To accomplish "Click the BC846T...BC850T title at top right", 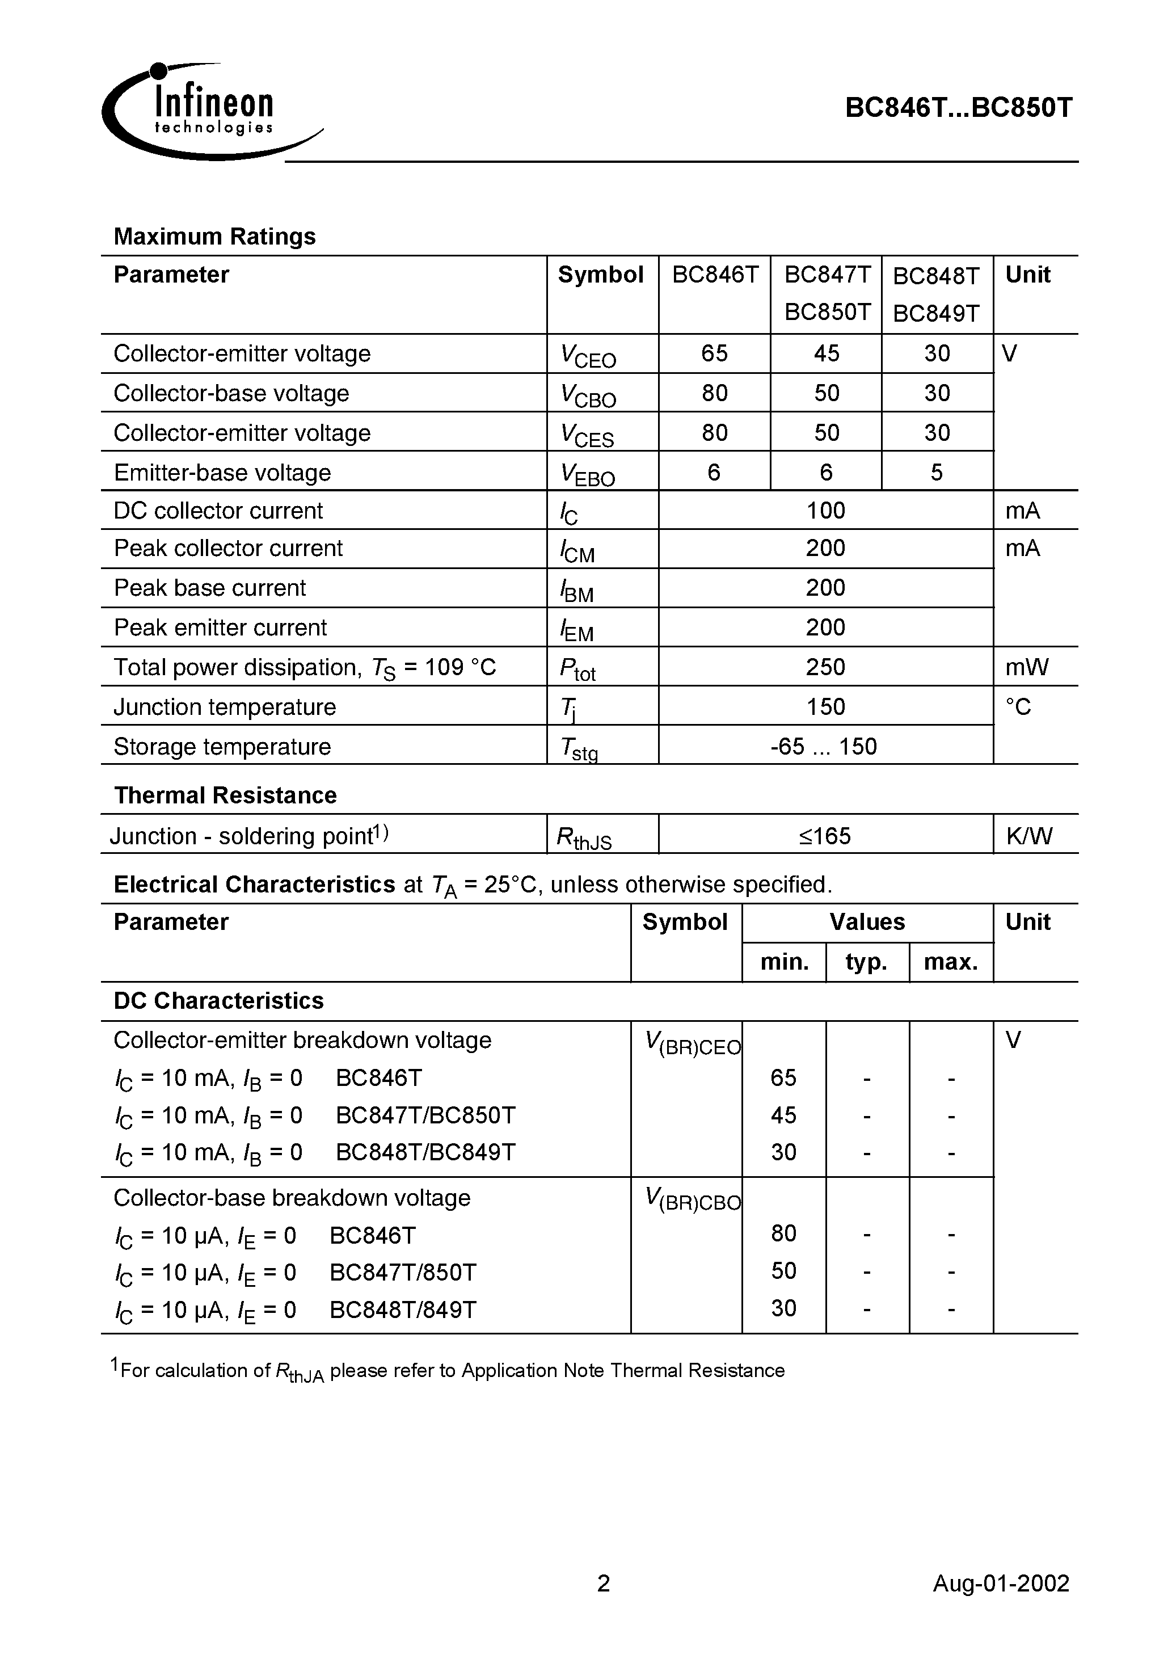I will (958, 108).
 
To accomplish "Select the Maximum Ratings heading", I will (214, 236).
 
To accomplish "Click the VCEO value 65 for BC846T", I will (714, 353).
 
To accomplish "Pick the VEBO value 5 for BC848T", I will (937, 473).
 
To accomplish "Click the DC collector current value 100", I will (825, 511).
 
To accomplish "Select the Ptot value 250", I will (825, 667).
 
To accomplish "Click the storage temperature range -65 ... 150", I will (824, 747).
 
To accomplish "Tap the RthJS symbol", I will (583, 838).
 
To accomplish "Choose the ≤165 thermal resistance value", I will (825, 836).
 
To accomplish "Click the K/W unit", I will (1029, 836).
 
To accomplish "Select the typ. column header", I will (866, 962).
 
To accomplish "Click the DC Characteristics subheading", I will (218, 1001).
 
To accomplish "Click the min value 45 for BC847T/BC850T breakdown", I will (783, 1115).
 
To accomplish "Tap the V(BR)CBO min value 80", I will (783, 1233).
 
